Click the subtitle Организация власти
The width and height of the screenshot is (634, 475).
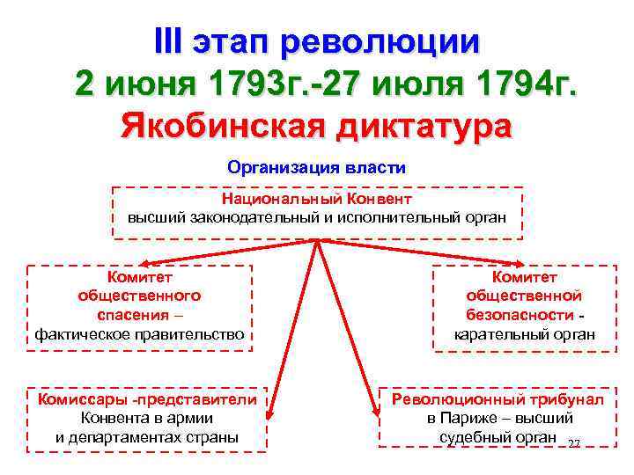[x=316, y=166]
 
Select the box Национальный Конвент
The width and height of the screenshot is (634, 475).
[x=317, y=212]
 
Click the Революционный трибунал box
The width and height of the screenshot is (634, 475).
[x=498, y=419]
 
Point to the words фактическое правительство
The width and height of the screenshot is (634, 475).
[x=139, y=335]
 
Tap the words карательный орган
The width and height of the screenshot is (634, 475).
[x=524, y=335]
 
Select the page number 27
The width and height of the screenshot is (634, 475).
[x=574, y=443]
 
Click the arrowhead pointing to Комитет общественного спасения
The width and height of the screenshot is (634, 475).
[x=142, y=263]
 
